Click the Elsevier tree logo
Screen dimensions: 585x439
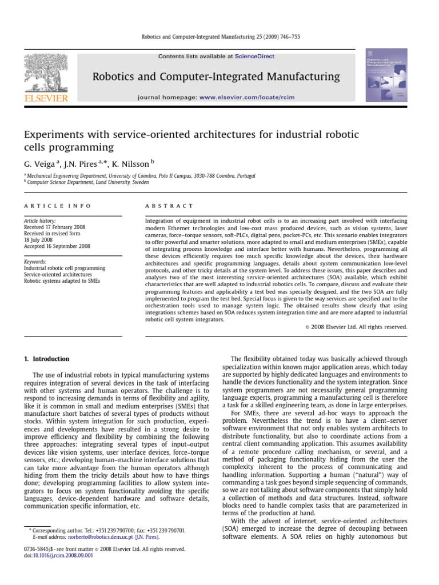click(45, 73)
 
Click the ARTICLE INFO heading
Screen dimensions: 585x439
click(49, 206)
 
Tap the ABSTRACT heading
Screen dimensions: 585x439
click(162, 206)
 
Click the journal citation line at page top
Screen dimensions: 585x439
click(220, 37)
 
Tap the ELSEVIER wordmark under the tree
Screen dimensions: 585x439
click(46, 98)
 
